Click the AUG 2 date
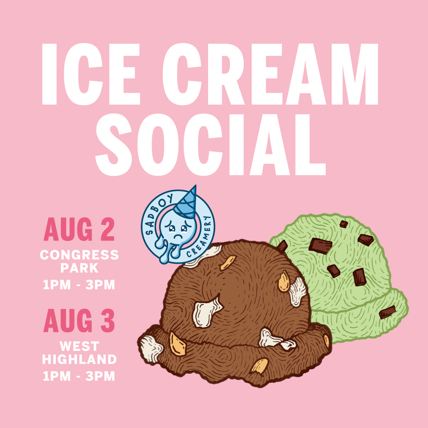[x=79, y=230]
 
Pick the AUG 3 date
[x=79, y=321]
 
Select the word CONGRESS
[x=79, y=255]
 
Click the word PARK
[x=79, y=268]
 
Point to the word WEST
[x=79, y=346]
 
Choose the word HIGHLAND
[x=79, y=359]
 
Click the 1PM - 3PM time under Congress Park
[x=79, y=285]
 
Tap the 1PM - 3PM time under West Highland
[x=79, y=376]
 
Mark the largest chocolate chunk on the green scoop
[x=320, y=246]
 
